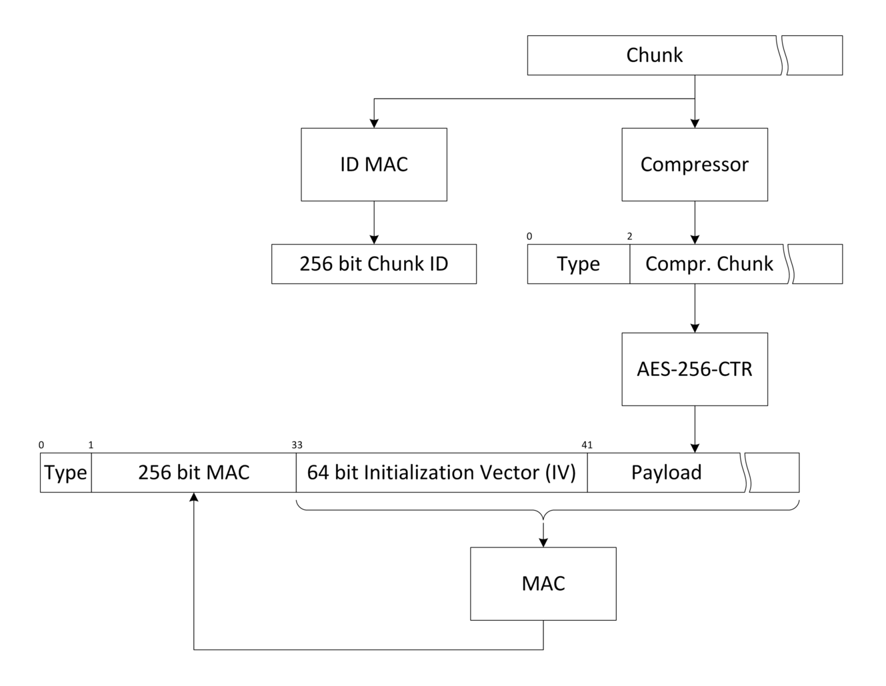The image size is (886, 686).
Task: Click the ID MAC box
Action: (373, 165)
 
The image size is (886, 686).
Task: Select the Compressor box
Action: (695, 165)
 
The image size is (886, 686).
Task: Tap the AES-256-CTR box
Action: (695, 369)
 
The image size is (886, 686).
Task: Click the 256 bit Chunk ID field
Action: (373, 264)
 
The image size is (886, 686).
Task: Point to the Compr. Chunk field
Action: (709, 264)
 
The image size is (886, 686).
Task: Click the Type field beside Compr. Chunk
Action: (579, 264)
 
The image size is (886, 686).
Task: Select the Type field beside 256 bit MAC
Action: (65, 473)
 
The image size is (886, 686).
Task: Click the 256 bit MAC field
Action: (193, 473)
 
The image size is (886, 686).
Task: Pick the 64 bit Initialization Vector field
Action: (441, 473)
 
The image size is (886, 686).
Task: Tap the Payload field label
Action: (666, 473)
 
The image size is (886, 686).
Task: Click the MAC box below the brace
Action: (543, 584)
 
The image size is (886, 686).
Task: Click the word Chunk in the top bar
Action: (654, 55)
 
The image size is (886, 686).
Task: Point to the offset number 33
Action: (297, 445)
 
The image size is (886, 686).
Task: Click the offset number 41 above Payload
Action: (587, 445)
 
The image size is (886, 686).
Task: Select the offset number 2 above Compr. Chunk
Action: (630, 236)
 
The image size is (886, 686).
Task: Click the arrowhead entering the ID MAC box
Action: (374, 123)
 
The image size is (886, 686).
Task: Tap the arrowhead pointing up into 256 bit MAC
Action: (194, 498)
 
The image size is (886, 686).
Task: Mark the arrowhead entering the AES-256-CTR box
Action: (695, 327)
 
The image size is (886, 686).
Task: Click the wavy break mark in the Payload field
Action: (747, 473)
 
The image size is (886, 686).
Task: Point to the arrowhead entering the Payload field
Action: (695, 448)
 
